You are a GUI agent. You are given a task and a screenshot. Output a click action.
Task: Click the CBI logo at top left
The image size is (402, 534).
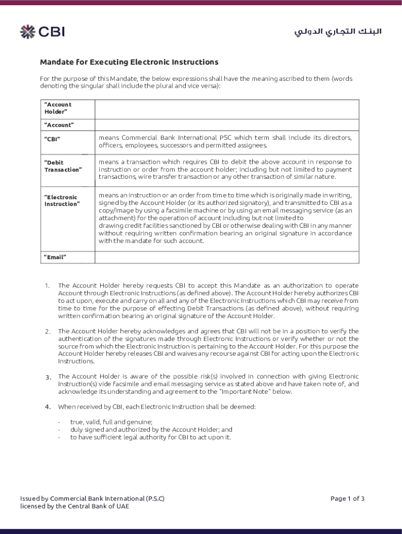tap(42, 32)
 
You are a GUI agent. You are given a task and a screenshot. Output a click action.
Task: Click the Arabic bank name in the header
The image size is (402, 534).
tap(338, 32)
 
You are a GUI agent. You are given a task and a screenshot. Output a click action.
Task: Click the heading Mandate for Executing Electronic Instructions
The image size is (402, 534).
tap(129, 62)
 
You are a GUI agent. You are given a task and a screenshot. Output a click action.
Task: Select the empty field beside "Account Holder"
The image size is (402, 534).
tap(227, 109)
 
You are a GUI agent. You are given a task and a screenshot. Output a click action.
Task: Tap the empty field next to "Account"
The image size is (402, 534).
tap(227, 125)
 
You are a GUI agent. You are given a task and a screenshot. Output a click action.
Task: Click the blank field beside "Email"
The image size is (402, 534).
tap(227, 257)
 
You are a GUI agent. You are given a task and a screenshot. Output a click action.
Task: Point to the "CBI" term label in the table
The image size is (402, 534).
tap(52, 139)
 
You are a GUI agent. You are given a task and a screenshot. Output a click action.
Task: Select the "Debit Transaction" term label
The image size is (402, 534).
tap(63, 166)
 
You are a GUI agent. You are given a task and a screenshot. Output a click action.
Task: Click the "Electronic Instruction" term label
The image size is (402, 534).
tap(62, 200)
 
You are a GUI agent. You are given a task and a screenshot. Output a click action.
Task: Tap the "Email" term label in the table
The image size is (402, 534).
tap(55, 257)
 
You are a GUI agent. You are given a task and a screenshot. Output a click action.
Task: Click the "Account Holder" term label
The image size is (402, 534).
tap(57, 108)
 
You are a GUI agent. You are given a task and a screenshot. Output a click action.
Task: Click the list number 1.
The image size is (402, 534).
tap(47, 286)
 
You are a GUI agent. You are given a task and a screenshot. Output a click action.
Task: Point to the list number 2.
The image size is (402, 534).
tap(47, 332)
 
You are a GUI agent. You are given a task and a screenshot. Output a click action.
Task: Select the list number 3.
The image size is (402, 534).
tap(47, 377)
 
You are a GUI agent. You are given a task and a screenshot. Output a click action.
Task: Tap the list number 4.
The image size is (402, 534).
tap(47, 407)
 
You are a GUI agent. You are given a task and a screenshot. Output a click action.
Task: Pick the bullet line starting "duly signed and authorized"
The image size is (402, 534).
tap(151, 430)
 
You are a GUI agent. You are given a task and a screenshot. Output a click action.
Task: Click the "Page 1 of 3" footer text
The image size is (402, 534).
tap(347, 499)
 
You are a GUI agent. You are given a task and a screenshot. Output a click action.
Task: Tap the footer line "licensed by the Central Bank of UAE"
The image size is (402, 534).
tap(74, 506)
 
